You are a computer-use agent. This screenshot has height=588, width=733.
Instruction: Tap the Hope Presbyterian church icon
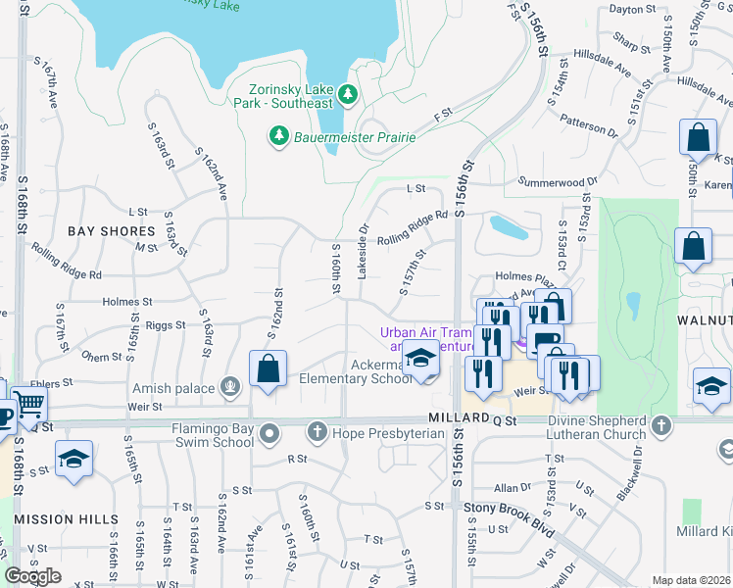pos(317,431)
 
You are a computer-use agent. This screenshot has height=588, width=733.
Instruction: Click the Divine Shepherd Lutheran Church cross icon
pos(662,425)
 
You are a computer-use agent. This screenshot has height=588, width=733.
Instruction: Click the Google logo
pos(32,576)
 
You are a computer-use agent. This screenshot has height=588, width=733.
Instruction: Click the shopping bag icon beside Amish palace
pos(268,369)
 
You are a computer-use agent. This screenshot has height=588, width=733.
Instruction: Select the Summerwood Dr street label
pos(558,182)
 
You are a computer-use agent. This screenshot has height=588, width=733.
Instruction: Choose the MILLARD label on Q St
pos(457,417)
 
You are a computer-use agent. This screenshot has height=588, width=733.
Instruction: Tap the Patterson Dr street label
pos(589,125)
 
